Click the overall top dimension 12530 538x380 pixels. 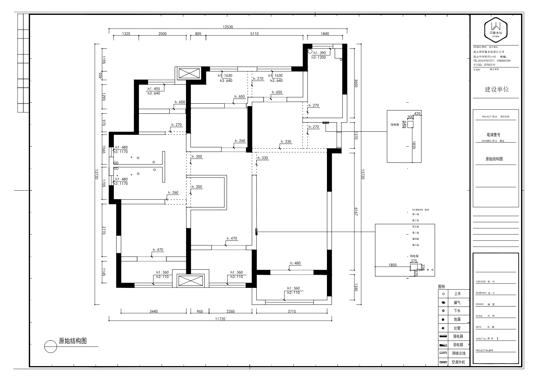228,27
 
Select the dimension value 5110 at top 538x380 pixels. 254,34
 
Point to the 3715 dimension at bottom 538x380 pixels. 292,311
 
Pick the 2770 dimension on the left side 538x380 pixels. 104,231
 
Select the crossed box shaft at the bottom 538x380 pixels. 190,281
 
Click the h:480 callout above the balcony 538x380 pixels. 295,263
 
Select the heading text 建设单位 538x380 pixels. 497,89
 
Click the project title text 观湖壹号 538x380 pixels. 493,134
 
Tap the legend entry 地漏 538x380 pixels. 457,319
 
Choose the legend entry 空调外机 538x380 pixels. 458,362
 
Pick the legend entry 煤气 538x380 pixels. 457,302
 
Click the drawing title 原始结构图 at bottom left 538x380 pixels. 73,341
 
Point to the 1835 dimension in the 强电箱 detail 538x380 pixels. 414,146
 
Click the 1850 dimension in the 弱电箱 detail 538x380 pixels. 392,265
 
